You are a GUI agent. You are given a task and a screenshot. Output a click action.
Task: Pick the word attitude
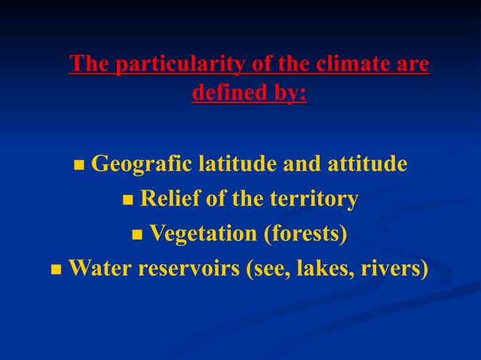366,163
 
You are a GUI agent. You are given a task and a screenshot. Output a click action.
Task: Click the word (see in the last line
265,268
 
